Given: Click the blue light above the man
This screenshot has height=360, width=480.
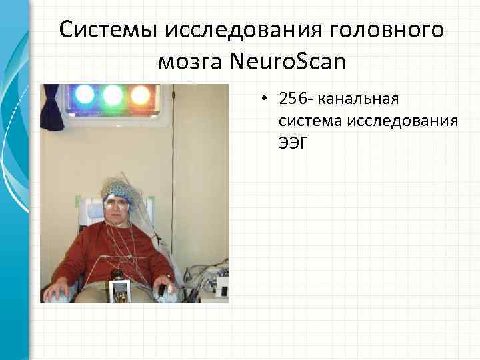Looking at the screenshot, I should (85, 95).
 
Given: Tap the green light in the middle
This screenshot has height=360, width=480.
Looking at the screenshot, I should (113, 95).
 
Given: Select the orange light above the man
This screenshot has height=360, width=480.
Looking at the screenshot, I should (140, 95).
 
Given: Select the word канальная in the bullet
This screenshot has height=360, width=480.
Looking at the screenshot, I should (357, 99).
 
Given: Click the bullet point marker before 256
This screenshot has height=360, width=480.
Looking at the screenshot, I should (265, 100).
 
